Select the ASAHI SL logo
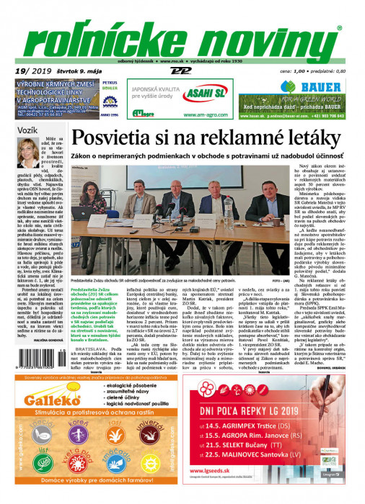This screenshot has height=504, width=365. (205, 89)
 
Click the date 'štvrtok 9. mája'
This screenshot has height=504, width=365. (74, 70)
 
